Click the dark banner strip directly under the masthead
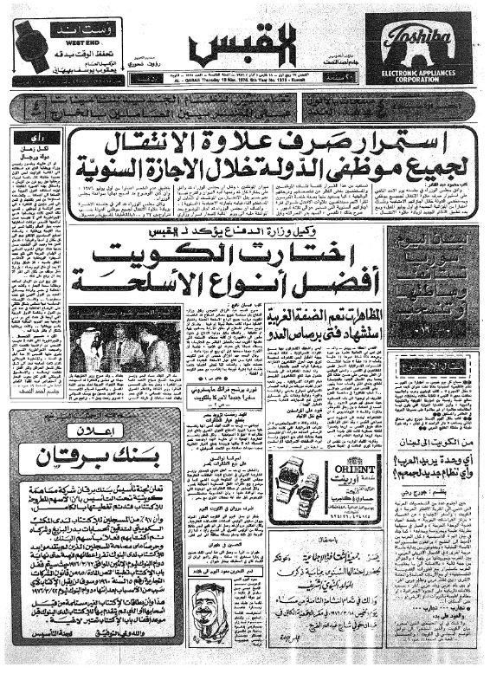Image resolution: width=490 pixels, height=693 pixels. point(244,110)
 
